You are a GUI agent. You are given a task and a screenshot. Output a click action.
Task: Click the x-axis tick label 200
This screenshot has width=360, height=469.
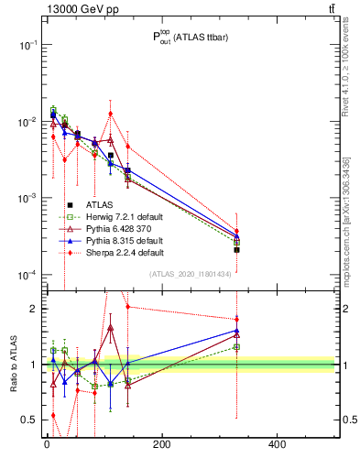coord(161,444)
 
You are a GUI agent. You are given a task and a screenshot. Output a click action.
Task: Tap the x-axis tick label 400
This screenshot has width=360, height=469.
coord(277,444)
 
